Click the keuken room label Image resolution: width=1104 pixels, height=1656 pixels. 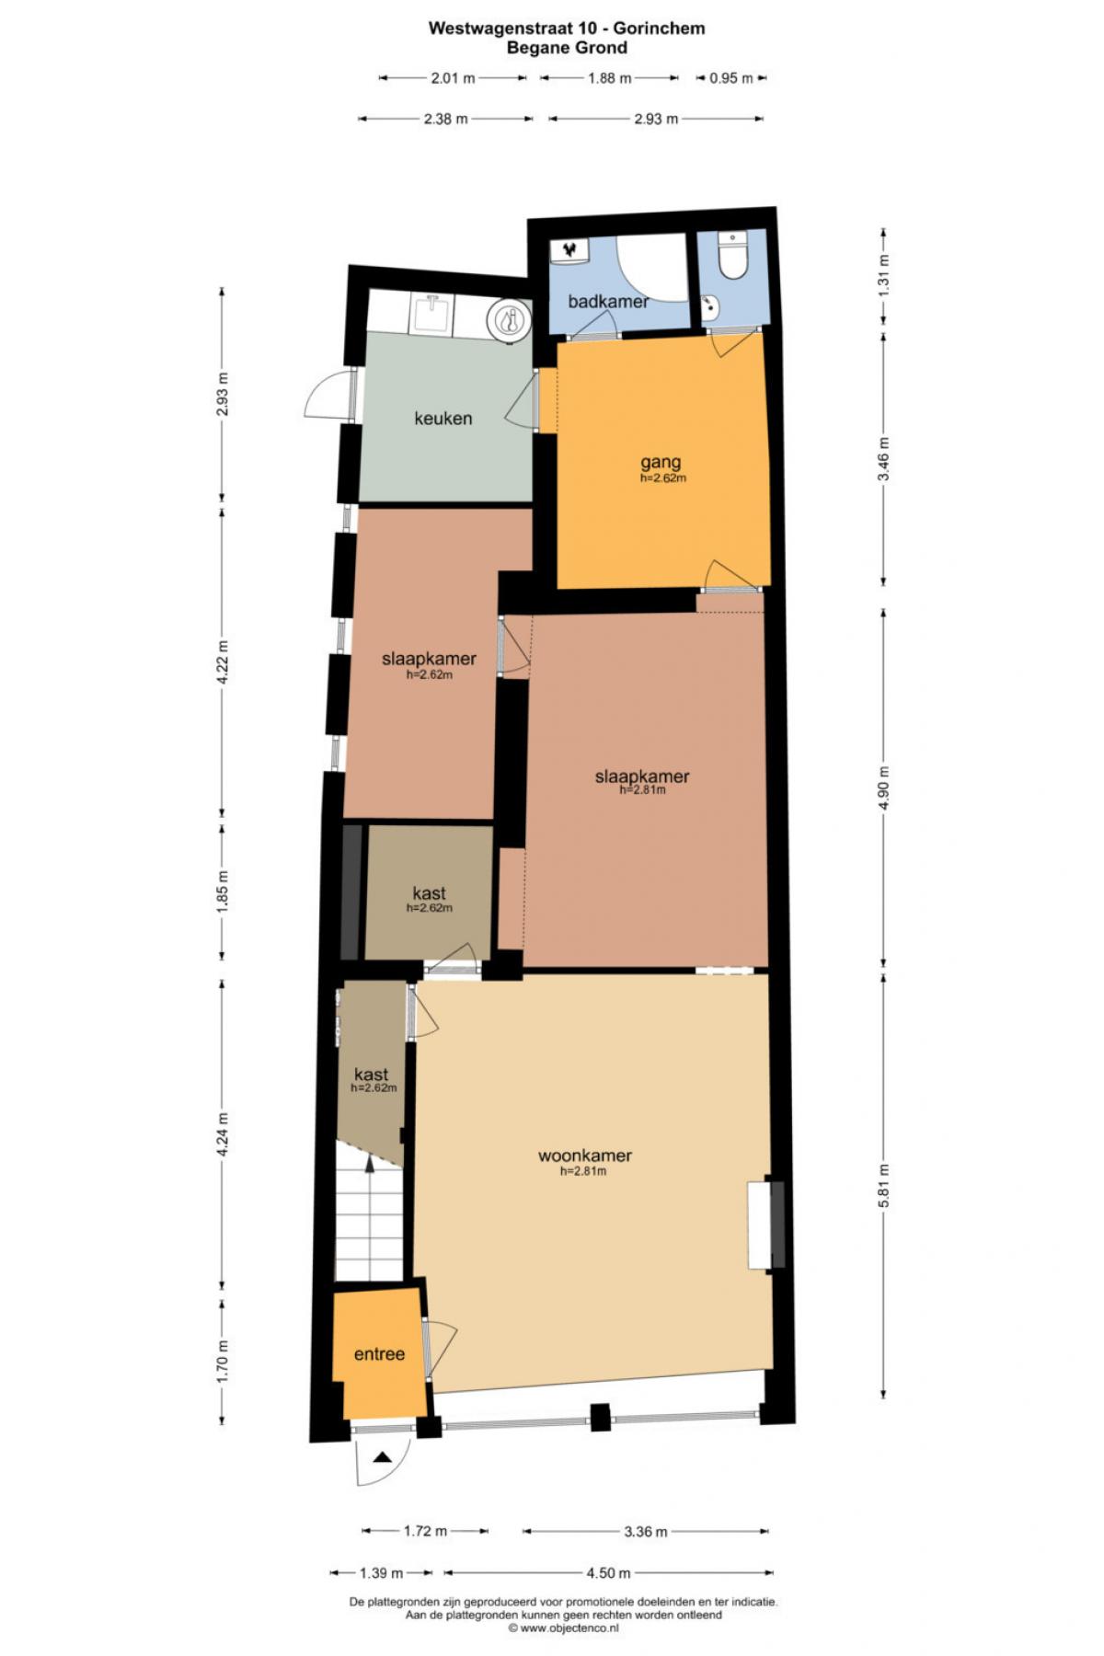(x=443, y=419)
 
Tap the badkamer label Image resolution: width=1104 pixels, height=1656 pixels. (x=608, y=301)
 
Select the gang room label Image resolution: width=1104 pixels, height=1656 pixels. (x=661, y=462)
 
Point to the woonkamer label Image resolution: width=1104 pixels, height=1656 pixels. (x=585, y=1156)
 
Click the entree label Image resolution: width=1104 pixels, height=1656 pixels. (x=379, y=1354)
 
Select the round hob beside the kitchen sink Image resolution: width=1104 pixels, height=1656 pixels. (x=508, y=320)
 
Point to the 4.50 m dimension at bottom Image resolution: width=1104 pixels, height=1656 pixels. (x=608, y=1572)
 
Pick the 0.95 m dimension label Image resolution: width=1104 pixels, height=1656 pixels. (x=731, y=78)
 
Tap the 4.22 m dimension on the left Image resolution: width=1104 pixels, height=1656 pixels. (x=222, y=661)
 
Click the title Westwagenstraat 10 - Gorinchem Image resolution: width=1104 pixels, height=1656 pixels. (x=567, y=28)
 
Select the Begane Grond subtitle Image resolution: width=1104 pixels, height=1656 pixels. (x=567, y=48)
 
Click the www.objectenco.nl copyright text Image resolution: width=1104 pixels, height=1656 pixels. (x=563, y=1627)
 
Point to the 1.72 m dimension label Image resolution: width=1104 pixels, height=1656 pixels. (x=425, y=1531)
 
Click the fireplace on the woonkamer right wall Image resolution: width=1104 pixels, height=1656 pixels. (x=765, y=1225)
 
